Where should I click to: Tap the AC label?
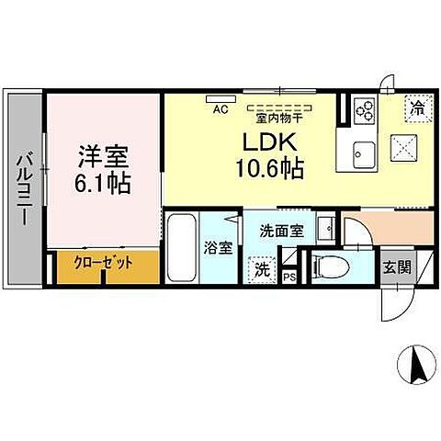220,109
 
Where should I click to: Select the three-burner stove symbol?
365,110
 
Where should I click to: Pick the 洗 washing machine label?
262,270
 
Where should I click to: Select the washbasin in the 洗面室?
325,226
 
